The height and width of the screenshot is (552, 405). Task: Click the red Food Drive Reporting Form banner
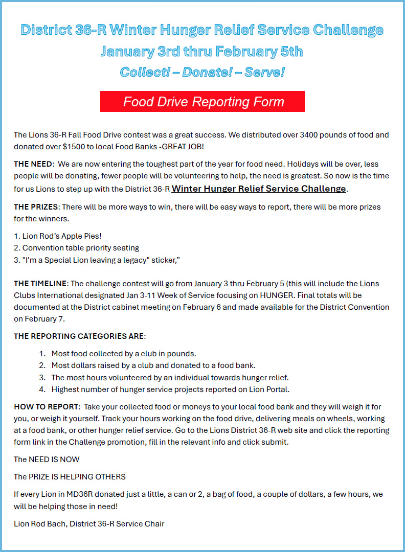202,101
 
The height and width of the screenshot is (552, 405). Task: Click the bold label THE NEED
33,164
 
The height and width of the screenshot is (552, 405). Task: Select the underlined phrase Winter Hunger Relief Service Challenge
259,189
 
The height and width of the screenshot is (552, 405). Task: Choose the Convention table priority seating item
80,248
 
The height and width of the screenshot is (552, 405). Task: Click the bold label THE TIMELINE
40,284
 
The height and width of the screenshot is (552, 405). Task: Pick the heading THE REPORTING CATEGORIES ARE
79,336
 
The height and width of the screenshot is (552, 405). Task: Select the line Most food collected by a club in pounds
123,354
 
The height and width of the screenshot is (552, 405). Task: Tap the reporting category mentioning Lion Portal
170,389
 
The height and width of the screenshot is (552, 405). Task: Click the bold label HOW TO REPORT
47,407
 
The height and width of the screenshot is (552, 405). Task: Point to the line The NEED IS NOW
47,459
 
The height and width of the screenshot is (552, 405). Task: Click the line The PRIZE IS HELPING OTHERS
70,477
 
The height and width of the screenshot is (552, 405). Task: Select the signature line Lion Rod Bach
89,524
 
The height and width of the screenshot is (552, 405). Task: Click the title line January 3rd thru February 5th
202,52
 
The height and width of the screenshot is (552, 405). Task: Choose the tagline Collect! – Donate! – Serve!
202,72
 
